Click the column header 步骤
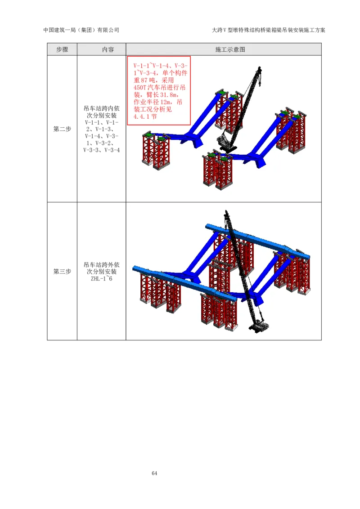point(62,49)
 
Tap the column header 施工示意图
point(230,49)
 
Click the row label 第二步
point(62,129)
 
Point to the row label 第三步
point(62,272)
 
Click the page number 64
point(154,473)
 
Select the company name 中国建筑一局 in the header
point(59,30)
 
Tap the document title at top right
point(268,30)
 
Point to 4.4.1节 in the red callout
point(145,116)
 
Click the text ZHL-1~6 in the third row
point(101,278)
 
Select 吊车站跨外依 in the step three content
point(101,264)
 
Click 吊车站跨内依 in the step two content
point(101,108)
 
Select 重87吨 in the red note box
point(145,80)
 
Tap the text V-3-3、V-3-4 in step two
point(101,150)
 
